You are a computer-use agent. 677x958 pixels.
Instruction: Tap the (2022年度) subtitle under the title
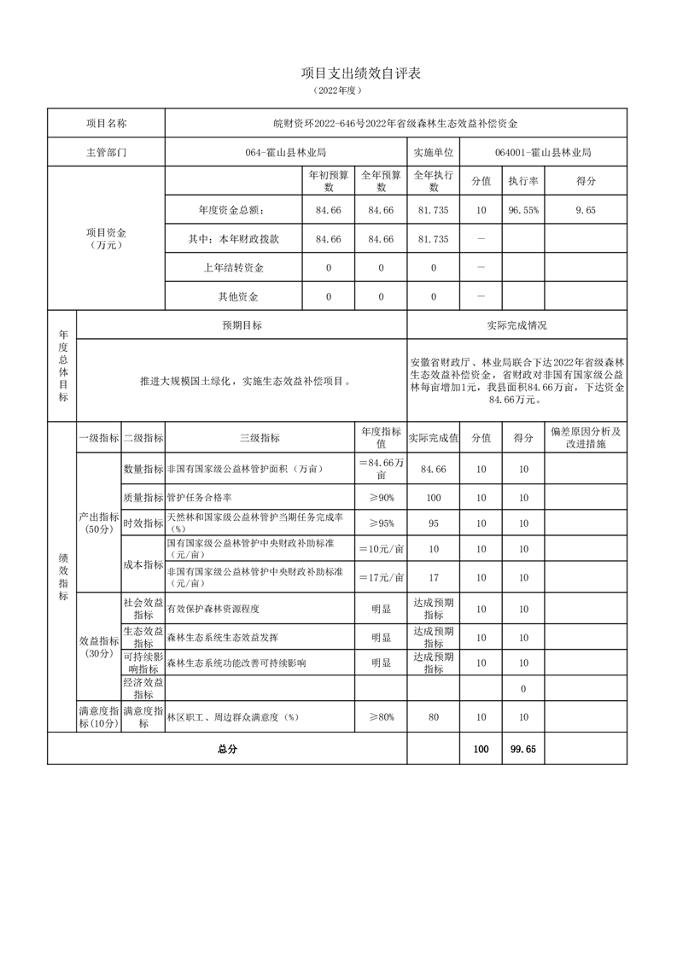pos(338,91)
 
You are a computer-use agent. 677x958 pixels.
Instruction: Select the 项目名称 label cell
pos(106,124)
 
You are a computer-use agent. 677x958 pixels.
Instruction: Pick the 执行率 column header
pos(522,181)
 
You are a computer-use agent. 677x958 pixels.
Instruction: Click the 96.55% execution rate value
pos(522,210)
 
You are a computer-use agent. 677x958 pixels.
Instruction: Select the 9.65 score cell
pos(585,210)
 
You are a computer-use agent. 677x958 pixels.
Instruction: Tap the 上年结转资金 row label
pos(233,268)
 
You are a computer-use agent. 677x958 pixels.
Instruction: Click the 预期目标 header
pos(242,325)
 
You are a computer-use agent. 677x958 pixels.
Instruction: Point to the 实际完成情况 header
pos(517,325)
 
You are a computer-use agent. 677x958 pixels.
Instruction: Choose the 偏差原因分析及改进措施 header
pos(585,438)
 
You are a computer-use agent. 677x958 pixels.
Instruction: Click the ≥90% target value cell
pos(381,497)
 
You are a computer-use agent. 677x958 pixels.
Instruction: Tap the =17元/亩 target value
pos(381,577)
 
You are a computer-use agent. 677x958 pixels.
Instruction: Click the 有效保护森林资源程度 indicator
pos(213,609)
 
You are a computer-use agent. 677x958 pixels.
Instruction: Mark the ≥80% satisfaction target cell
pos(381,717)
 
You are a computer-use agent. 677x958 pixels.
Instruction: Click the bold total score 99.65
pos(522,748)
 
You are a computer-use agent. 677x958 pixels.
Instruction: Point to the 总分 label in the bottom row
pos(227,748)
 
